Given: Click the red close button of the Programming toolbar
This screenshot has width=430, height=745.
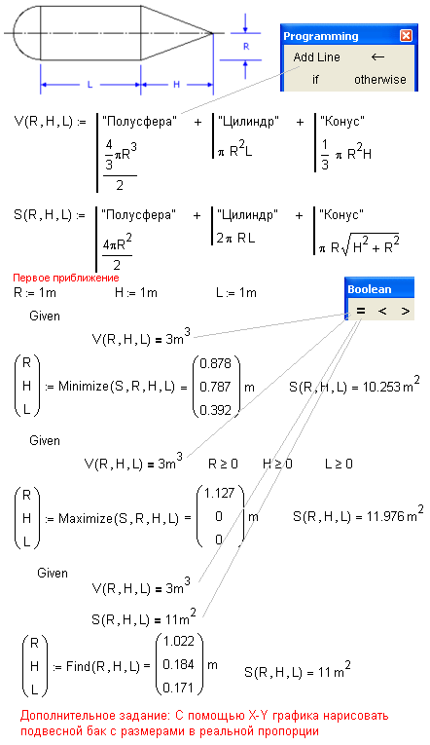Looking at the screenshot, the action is tap(406, 36).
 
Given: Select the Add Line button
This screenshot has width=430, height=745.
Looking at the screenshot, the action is tap(316, 57).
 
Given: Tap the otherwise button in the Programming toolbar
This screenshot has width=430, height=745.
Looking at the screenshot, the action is tap(380, 79).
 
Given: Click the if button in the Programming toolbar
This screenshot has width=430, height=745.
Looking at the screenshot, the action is tap(315, 79).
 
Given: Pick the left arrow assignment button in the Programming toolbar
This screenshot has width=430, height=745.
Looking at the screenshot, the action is tap(377, 57).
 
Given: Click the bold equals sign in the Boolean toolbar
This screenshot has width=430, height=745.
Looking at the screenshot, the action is tap(361, 311).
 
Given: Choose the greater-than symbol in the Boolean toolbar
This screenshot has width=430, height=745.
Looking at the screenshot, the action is tap(405, 311).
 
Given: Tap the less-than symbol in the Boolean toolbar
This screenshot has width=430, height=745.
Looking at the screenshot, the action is tap(382, 311).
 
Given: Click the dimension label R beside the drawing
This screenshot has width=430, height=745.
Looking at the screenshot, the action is tap(246, 47).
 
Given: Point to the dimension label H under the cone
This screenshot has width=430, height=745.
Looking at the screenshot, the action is tap(176, 85).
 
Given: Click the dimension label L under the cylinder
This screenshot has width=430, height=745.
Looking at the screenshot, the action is tap(90, 85).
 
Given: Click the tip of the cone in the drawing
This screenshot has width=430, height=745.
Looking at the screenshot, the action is tap(213, 33).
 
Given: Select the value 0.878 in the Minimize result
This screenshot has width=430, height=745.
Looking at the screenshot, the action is tap(215, 363).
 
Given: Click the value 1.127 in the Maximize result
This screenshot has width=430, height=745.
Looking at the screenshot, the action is tap(220, 493).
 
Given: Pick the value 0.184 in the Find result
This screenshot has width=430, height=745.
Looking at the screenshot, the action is tap(178, 664).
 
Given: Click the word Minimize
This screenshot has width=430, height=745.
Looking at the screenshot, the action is tap(84, 387).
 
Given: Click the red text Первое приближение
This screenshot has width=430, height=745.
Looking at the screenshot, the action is tap(66, 278).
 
